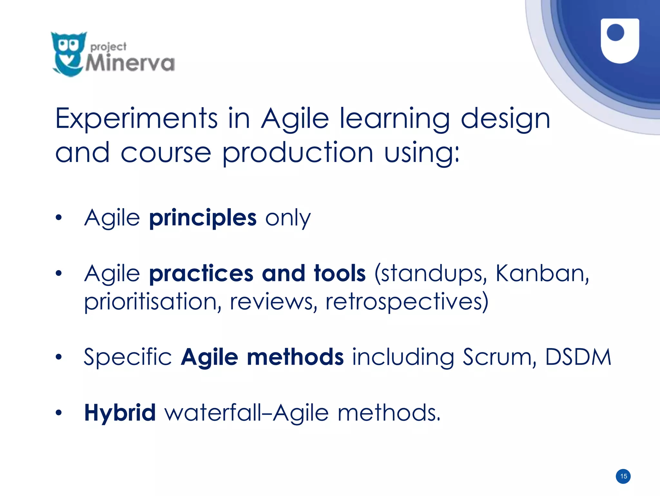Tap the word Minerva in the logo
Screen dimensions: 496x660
point(130,63)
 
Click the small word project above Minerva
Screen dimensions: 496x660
point(108,47)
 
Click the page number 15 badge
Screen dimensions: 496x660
point(623,476)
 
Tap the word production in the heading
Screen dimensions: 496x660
point(298,153)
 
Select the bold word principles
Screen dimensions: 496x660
point(203,218)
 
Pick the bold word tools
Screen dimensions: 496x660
point(340,274)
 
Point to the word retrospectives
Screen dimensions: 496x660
point(407,302)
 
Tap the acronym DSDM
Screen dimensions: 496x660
point(578,357)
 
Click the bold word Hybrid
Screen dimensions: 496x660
point(120,413)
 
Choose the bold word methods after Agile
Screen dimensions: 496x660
point(295,357)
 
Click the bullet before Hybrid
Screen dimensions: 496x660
point(58,412)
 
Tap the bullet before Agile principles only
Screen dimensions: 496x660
point(58,218)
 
